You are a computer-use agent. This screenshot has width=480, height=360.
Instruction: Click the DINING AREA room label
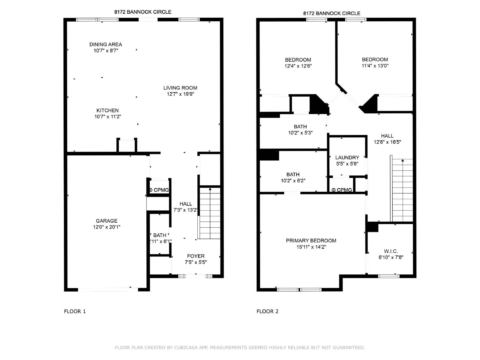tap(106, 44)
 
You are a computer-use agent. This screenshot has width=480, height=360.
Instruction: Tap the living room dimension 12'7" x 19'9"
tap(180, 94)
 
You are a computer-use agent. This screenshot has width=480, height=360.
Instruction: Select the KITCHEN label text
tap(108, 110)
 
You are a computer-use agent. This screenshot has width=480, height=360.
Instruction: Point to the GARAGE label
tap(106, 221)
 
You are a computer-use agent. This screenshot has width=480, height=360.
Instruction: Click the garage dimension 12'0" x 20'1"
tap(106, 227)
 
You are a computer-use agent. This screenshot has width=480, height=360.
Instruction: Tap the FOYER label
tap(196, 256)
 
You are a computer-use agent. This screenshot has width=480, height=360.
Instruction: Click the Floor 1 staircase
tap(209, 213)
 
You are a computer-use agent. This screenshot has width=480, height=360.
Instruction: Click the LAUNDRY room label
tap(347, 157)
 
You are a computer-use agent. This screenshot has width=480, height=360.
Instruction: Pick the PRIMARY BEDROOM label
tap(311, 241)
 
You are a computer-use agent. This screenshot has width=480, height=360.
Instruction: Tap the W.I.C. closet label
tap(391, 251)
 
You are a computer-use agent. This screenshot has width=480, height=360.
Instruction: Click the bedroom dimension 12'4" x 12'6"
tap(298, 66)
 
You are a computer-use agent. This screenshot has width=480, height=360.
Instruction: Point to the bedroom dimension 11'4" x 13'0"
tap(375, 66)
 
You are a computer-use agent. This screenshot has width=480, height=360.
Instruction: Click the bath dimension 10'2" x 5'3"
tap(300, 133)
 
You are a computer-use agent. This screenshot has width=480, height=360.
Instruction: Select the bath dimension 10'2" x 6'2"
tap(293, 181)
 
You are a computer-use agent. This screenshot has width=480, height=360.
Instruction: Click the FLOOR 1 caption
tap(75, 311)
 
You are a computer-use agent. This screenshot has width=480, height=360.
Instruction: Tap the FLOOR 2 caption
tap(267, 311)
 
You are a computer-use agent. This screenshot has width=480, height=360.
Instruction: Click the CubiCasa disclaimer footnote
tap(240, 347)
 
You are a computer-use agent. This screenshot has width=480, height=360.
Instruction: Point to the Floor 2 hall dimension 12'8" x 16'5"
tap(387, 142)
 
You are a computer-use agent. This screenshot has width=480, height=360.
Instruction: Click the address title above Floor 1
tap(143, 12)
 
